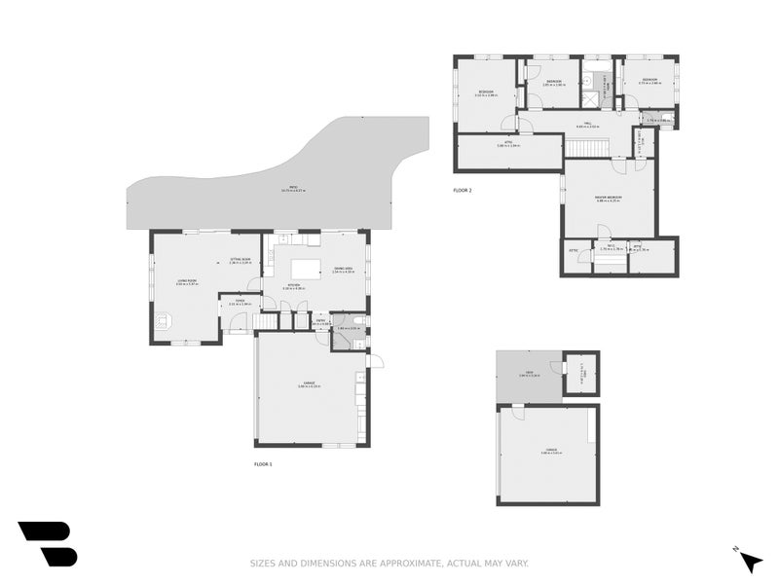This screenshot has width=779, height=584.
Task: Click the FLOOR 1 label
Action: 263,465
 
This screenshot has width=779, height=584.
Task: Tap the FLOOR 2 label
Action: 463,191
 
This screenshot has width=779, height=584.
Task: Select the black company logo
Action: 47,543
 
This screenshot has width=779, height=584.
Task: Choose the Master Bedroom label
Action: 609,199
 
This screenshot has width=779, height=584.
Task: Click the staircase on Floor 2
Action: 587,148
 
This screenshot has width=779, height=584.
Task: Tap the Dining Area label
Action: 343,270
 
